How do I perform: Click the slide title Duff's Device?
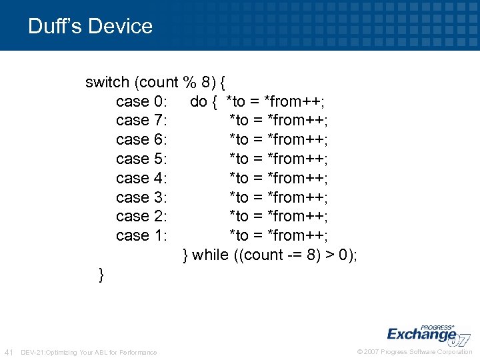coord(90,26)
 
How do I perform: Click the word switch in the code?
coord(107,83)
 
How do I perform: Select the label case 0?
coord(141,101)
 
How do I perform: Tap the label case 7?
coord(141,121)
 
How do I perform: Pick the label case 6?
coord(141,140)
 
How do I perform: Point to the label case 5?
coord(141,159)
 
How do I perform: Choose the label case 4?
coord(141,179)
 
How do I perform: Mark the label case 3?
coord(141,197)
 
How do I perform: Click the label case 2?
coord(141,217)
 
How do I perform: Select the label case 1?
coord(141,236)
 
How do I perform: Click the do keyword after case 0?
coord(199,101)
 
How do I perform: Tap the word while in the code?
coord(210,255)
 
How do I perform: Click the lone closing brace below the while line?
coord(101,275)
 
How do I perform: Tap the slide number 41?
coord(9,352)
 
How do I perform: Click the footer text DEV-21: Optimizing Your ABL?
coord(89,352)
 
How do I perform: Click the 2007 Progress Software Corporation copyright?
coord(415,352)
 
